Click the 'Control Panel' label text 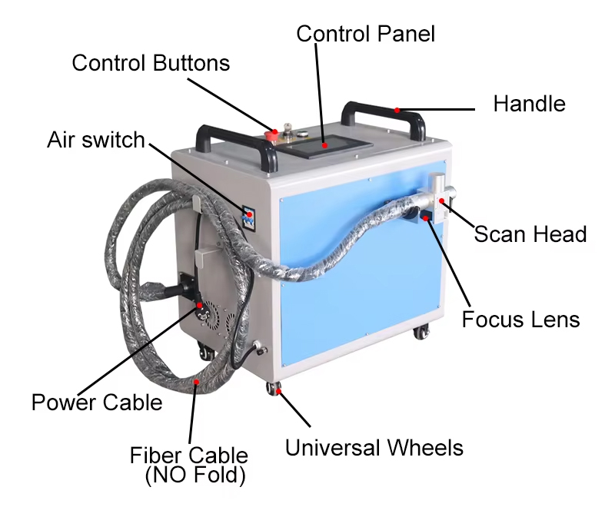(x=365, y=34)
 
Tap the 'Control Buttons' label (x=151, y=63)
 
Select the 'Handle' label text (x=529, y=104)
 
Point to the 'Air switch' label (x=95, y=141)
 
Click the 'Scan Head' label (x=530, y=234)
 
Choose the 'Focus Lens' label (x=520, y=318)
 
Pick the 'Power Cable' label (x=97, y=402)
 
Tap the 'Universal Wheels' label (x=374, y=447)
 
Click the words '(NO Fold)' (x=195, y=476)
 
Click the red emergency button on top (x=271, y=134)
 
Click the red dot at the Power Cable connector (x=201, y=305)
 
